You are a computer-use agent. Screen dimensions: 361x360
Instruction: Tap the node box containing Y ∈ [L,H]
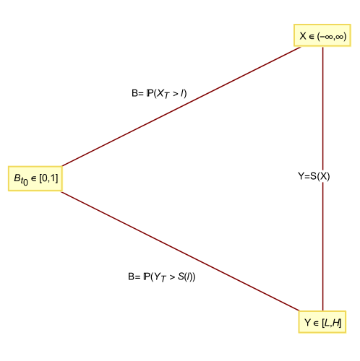click(322, 322)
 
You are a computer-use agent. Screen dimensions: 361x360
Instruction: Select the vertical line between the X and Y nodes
click(322, 238)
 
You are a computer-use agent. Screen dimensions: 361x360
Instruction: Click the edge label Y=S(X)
click(314, 176)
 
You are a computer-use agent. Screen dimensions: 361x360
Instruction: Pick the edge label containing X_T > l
click(160, 93)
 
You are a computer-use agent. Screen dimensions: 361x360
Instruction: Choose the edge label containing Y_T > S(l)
click(162, 277)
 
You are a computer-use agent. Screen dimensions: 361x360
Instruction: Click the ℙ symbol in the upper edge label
click(150, 93)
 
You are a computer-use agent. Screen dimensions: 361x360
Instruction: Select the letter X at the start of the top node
click(303, 35)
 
